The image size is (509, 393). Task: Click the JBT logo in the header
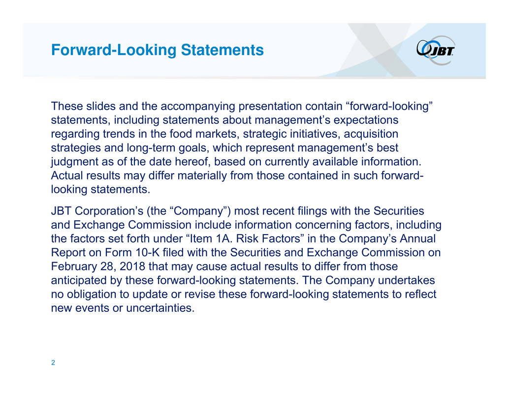[x=436, y=50]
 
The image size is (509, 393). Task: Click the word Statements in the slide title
[x=222, y=50]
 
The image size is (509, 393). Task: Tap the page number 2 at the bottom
[x=53, y=363]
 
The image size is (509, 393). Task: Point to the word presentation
[x=270, y=107]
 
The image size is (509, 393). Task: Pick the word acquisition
[x=371, y=134]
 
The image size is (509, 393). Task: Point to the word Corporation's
[x=109, y=211]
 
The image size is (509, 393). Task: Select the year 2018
[x=132, y=267]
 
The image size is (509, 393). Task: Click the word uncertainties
[x=160, y=308]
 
